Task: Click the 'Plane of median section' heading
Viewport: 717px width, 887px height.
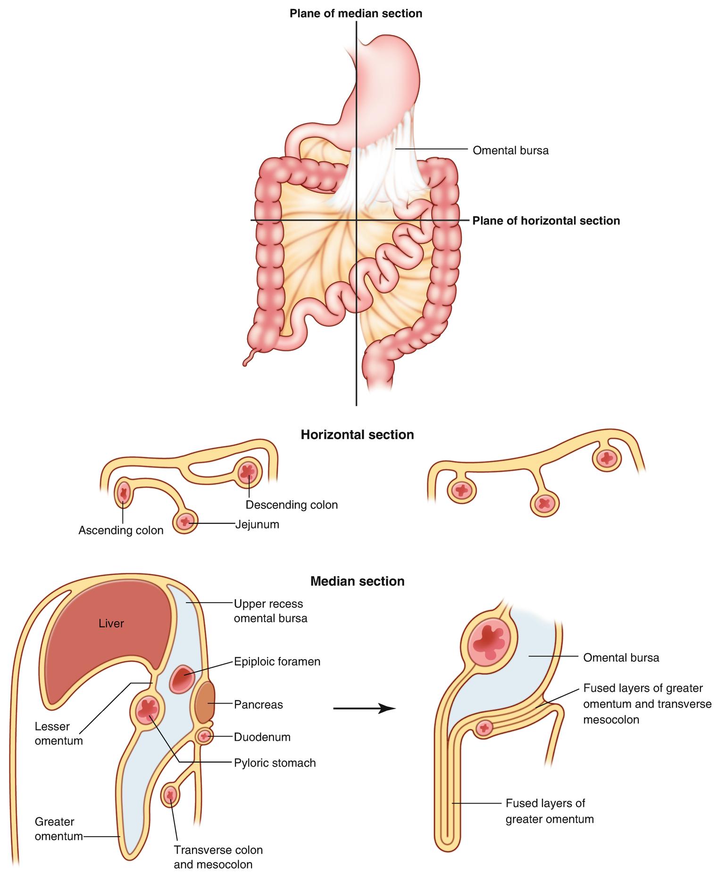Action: coord(356,14)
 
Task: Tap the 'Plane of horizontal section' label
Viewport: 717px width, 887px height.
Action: coord(546,221)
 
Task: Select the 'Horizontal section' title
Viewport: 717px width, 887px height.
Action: coord(357,434)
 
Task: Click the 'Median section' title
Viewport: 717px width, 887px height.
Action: coord(357,581)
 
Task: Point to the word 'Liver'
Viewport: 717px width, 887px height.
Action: coord(111,623)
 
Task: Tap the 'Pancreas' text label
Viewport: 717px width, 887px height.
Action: coord(258,705)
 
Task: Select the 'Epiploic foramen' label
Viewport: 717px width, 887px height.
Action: coord(277,662)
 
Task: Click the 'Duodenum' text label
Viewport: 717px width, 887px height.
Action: coord(262,737)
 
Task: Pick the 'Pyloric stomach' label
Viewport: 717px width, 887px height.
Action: coord(275,763)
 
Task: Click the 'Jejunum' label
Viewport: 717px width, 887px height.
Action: coord(257,524)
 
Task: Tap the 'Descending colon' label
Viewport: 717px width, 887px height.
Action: coord(292,505)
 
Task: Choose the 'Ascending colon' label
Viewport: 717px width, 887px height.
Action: coord(121,530)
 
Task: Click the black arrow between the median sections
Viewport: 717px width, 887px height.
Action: coord(364,708)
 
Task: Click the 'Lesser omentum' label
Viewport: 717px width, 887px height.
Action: coord(58,734)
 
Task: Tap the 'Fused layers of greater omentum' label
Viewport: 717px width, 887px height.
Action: coord(549,811)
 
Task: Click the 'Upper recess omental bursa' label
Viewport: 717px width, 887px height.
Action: coord(270,611)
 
